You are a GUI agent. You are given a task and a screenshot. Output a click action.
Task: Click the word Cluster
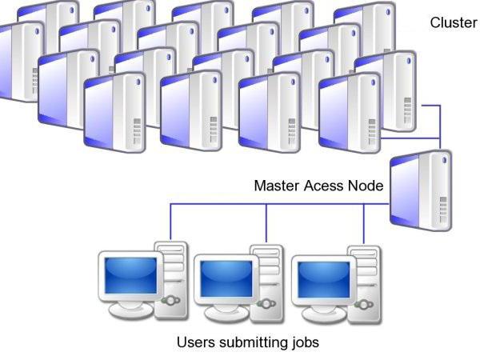[454, 22]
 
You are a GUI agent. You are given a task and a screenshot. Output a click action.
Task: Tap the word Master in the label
[277, 186]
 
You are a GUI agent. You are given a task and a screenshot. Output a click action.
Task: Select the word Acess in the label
[323, 186]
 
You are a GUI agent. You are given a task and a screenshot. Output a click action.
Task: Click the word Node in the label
[366, 186]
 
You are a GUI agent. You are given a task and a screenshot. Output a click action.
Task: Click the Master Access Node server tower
[421, 190]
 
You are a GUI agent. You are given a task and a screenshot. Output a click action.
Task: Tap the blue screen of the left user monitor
[130, 275]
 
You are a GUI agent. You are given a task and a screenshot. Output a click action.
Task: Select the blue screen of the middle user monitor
[226, 278]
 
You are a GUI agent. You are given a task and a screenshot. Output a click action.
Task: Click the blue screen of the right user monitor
[324, 279]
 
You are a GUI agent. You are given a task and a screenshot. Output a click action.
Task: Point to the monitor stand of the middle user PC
[227, 312]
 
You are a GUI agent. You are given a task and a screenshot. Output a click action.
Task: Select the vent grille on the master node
[443, 210]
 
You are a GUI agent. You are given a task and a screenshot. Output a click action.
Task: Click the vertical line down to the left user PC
[170, 222]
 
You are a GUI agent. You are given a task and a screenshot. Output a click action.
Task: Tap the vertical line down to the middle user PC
[266, 223]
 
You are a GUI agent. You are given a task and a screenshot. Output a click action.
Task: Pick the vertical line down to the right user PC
[364, 224]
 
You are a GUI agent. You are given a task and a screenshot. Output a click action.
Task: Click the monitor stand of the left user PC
[131, 309]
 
